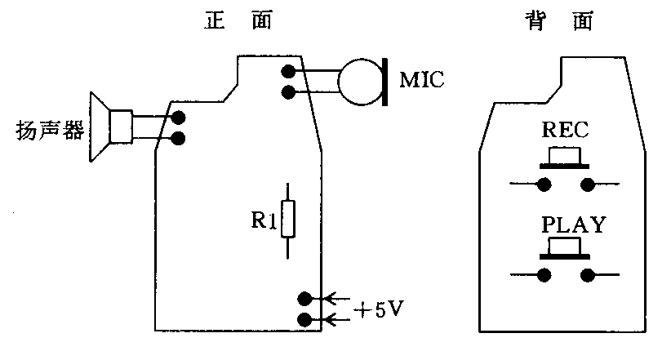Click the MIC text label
(x=423, y=81)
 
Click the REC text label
(x=565, y=130)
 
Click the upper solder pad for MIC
(x=287, y=72)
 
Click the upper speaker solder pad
(x=178, y=119)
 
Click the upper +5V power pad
(x=305, y=299)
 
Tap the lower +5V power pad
(x=305, y=319)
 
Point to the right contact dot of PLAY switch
(x=586, y=276)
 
